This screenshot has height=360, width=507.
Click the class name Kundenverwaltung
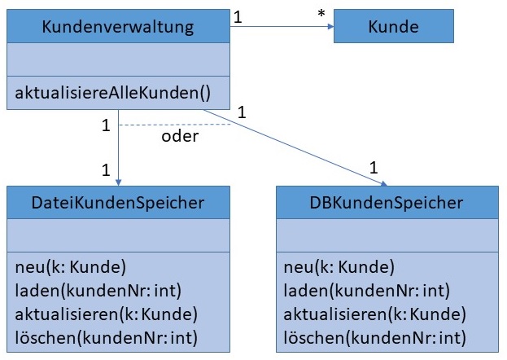point(118,27)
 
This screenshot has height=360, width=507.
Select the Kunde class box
point(392,27)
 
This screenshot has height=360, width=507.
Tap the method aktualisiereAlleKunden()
point(117,93)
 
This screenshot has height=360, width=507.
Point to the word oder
point(180,136)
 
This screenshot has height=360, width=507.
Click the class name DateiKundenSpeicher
point(118,202)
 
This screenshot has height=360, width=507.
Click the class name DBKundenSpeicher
point(387,202)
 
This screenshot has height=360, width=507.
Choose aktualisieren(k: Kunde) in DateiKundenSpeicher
point(106,314)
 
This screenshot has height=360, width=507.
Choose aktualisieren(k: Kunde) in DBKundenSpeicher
point(374,314)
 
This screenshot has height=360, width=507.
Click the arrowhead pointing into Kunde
point(330,27)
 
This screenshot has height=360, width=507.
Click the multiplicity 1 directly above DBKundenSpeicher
point(373,168)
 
